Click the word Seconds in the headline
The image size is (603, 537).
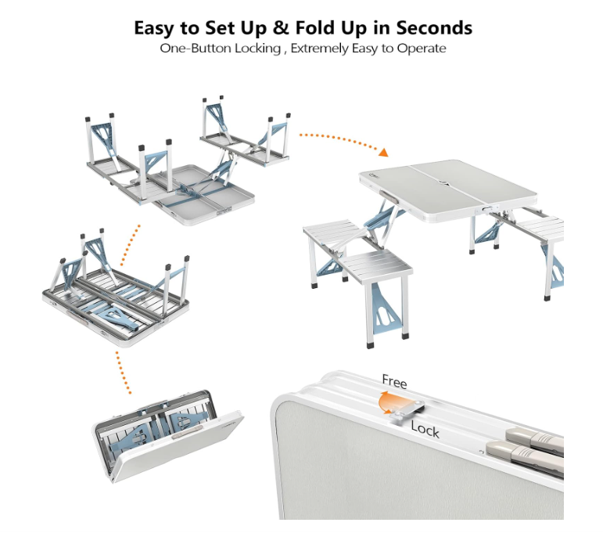(434, 27)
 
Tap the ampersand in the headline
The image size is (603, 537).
(281, 27)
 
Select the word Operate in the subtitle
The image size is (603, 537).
(422, 49)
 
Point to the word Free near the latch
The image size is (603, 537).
(394, 381)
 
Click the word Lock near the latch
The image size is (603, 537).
(425, 429)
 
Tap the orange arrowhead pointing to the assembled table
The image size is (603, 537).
(383, 152)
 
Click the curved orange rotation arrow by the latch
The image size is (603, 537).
(386, 402)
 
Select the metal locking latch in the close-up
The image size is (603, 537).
(407, 409)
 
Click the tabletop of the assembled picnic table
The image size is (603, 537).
(447, 189)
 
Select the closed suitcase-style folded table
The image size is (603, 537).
(167, 436)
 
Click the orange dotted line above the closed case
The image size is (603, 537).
(123, 373)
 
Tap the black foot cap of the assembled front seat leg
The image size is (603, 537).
(370, 344)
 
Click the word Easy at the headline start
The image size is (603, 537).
(154, 28)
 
